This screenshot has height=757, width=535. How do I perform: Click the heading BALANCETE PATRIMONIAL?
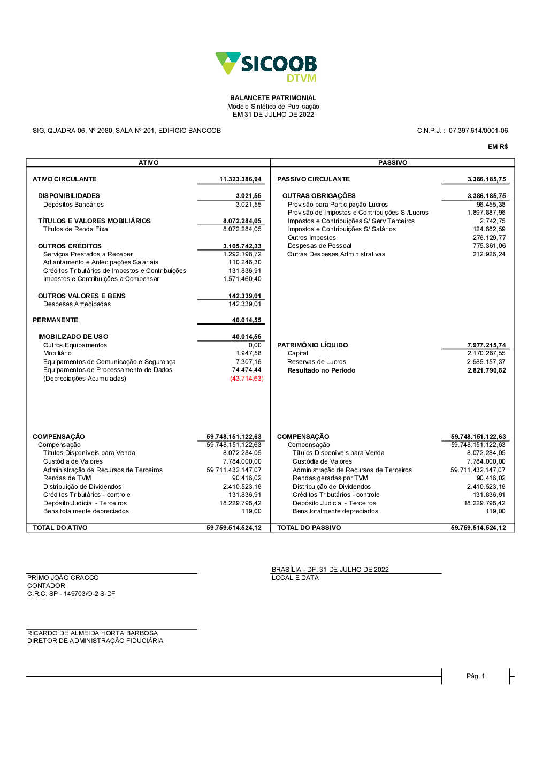click(273, 98)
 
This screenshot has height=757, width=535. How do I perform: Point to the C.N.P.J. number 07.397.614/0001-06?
click(478, 131)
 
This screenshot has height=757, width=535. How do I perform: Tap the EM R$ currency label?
click(498, 147)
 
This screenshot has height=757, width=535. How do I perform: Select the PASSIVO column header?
click(393, 163)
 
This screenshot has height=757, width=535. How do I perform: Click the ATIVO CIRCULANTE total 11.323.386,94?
click(240, 179)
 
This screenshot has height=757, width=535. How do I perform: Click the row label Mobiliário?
click(57, 353)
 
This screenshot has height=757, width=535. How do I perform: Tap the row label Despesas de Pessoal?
click(319, 246)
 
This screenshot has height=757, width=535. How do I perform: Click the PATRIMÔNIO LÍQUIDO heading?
click(312, 345)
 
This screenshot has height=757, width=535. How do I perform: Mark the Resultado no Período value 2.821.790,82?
click(486, 370)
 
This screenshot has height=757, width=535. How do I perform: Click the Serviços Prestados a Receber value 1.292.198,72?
click(242, 254)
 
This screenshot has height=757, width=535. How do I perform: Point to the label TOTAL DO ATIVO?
click(60, 528)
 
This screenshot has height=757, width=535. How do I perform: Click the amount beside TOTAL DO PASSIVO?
click(478, 528)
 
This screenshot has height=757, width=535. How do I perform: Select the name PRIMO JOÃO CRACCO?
click(63, 578)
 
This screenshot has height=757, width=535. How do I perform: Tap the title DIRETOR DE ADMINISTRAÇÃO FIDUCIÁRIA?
click(95, 641)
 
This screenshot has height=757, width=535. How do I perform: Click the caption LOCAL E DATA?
click(295, 578)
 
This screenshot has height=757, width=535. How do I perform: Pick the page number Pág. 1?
click(476, 676)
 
